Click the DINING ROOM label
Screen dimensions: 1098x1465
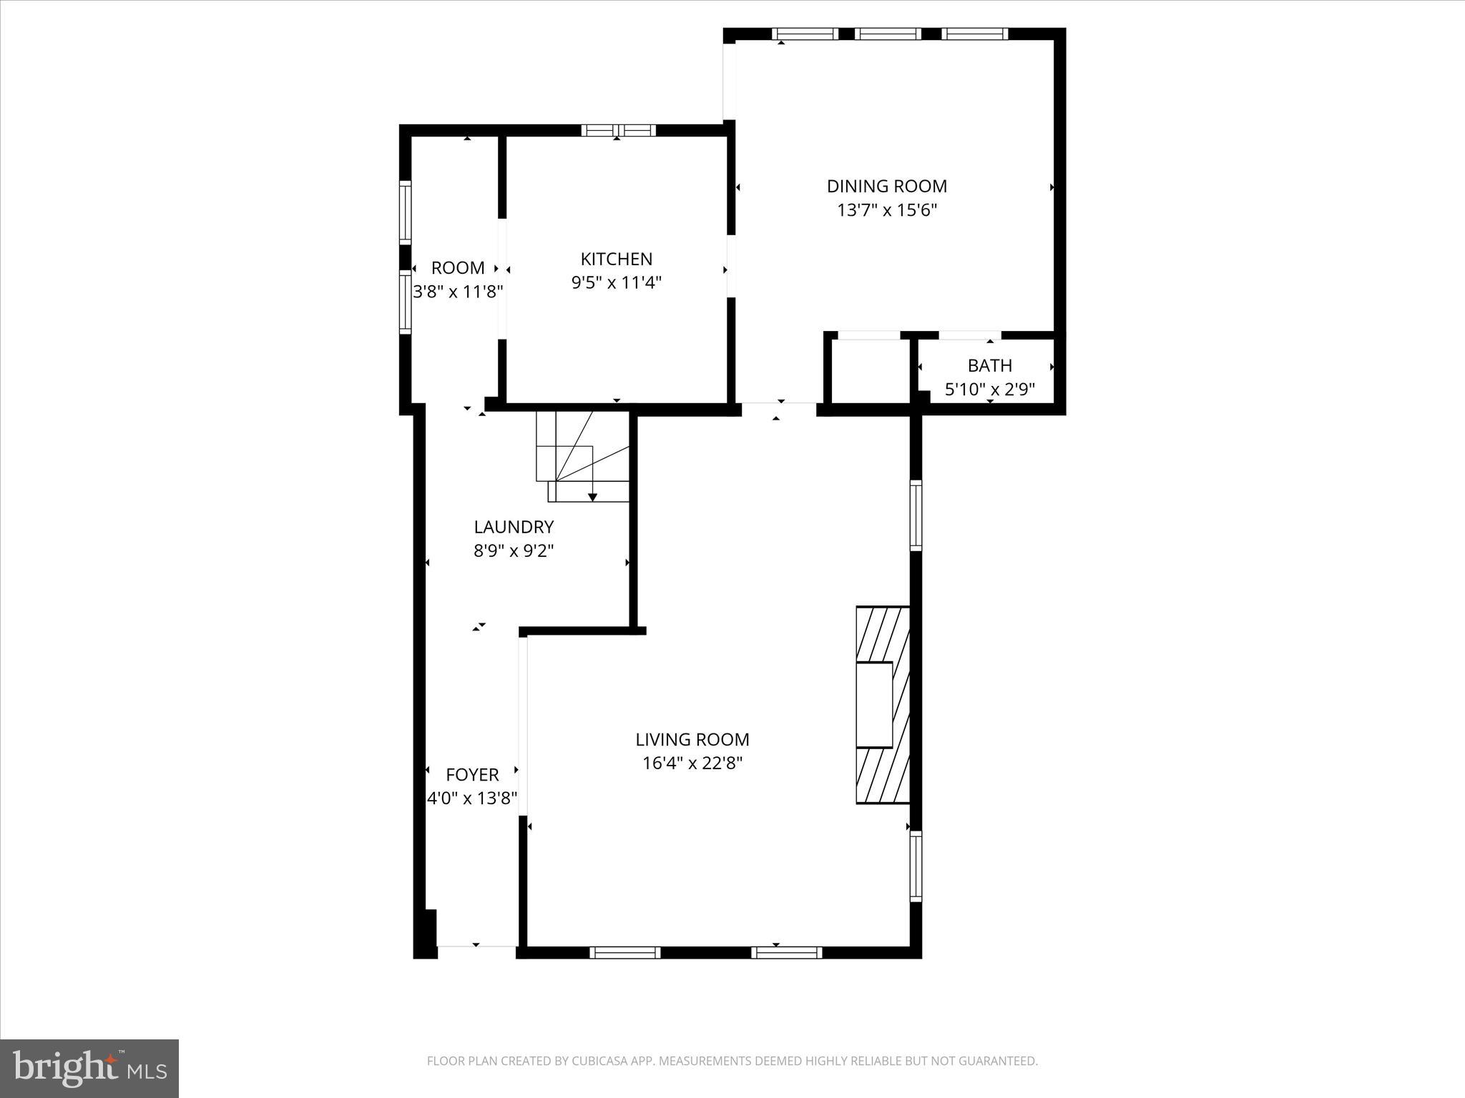(886, 187)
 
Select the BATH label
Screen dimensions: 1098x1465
(989, 366)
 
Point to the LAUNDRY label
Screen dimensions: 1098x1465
(514, 528)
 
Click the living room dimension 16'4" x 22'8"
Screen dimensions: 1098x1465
(692, 763)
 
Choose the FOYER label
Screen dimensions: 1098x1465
(472, 775)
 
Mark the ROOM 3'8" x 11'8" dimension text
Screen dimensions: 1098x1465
(458, 292)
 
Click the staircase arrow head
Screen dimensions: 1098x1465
(592, 497)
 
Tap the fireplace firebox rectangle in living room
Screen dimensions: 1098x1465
(874, 705)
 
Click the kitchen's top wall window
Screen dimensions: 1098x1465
(618, 130)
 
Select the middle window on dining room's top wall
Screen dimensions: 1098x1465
(888, 34)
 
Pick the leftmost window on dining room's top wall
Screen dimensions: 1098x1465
(805, 34)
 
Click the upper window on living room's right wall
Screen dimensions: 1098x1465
(916, 515)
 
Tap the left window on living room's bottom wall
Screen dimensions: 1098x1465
(624, 952)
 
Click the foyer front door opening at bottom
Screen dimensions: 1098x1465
(476, 946)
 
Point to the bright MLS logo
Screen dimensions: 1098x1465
(89, 1068)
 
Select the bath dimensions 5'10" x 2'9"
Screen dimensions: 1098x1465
(989, 390)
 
